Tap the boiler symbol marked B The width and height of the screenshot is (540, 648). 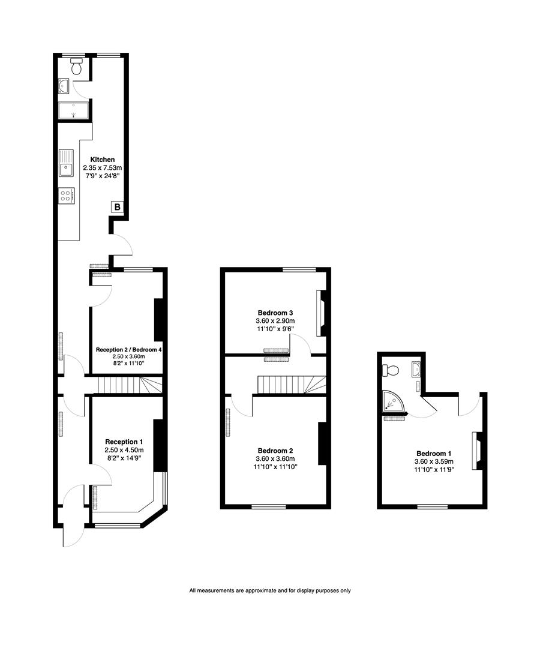[117, 208]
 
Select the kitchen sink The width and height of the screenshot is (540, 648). [66, 163]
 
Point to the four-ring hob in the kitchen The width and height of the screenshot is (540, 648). [66, 196]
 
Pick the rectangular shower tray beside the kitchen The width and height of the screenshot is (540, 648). [73, 111]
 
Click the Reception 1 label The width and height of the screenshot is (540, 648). [124, 442]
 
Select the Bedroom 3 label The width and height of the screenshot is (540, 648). [275, 313]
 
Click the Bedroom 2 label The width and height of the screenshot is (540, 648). [275, 451]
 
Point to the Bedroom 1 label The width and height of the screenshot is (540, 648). [433, 454]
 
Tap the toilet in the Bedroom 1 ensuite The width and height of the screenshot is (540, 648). [391, 370]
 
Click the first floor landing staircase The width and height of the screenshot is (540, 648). [292, 385]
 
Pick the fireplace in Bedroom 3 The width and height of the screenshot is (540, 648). [322, 313]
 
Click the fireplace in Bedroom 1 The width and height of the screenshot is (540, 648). [478, 451]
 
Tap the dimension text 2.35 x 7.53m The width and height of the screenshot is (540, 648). [102, 168]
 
